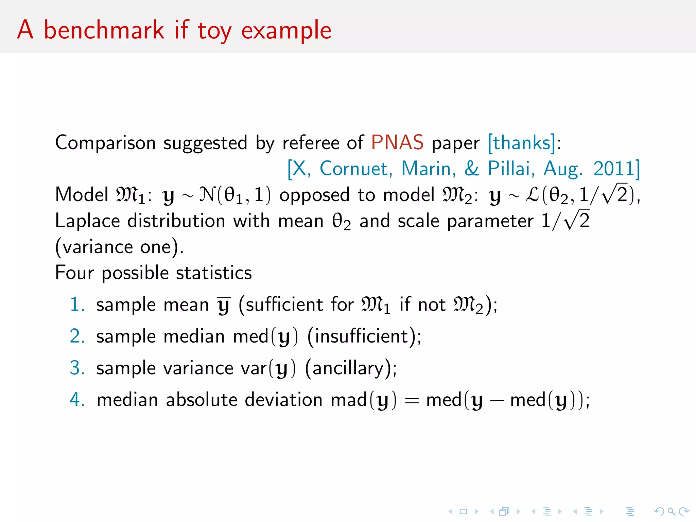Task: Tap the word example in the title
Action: (286, 31)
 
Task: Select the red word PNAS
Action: (397, 142)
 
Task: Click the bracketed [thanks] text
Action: (521, 142)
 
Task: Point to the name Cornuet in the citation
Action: (356, 169)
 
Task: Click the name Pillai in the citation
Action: (509, 169)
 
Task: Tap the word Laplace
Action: (87, 221)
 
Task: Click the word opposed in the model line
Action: (314, 195)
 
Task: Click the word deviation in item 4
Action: (283, 400)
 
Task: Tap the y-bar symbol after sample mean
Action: (224, 305)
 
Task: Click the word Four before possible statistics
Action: (74, 273)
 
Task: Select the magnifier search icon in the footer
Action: (671, 511)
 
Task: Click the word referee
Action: (311, 142)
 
